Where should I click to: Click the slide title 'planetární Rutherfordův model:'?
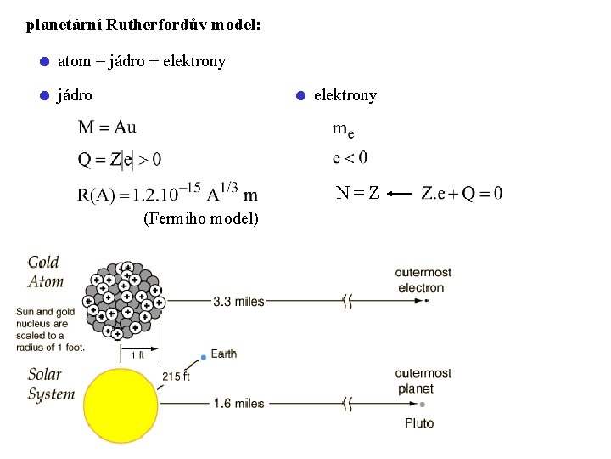pos(143,25)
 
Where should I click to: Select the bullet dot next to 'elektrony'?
pos(300,96)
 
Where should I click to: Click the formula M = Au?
pos(107,127)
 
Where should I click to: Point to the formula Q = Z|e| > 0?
pos(120,158)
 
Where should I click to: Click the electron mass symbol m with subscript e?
pos(343,129)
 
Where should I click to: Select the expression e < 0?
pos(350,157)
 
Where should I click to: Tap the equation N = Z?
pos(357,194)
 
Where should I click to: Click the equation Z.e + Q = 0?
pos(461,194)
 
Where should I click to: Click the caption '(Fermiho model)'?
pos(201,218)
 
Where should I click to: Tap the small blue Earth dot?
pos(203,357)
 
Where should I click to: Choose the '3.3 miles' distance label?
pos(238,301)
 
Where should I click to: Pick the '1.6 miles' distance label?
pos(238,403)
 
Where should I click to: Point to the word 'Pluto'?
pos(419,423)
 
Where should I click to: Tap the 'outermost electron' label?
pos(423,280)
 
